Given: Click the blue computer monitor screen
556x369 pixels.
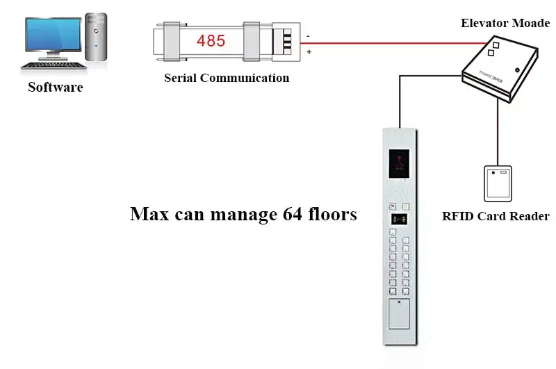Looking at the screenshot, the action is click(x=54, y=35).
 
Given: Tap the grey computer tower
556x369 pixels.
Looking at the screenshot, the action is click(x=96, y=37).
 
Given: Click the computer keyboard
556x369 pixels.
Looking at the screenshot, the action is click(x=54, y=65).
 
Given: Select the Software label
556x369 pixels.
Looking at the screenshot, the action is click(x=56, y=87).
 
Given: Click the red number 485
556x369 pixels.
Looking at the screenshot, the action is click(x=211, y=41).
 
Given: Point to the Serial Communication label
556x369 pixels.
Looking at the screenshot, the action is click(x=227, y=78).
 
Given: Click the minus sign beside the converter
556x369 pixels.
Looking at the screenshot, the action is click(x=308, y=36).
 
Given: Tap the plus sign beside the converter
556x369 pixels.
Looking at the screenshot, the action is click(x=309, y=52).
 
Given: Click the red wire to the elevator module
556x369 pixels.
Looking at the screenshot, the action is click(x=394, y=43).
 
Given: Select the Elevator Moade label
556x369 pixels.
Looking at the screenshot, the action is click(x=505, y=23).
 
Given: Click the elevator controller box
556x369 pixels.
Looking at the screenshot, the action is click(x=500, y=69).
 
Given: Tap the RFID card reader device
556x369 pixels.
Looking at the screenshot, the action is click(x=498, y=183).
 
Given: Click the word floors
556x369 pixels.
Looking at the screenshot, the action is click(x=333, y=214).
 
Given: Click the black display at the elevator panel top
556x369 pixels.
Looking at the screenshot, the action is click(x=399, y=163).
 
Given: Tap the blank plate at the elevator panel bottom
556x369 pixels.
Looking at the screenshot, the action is click(x=399, y=313).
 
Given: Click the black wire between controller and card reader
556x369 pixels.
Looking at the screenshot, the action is click(x=498, y=133).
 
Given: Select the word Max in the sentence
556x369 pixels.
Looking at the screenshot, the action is click(x=149, y=214).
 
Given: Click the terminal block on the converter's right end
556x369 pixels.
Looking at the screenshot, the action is click(x=286, y=42).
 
